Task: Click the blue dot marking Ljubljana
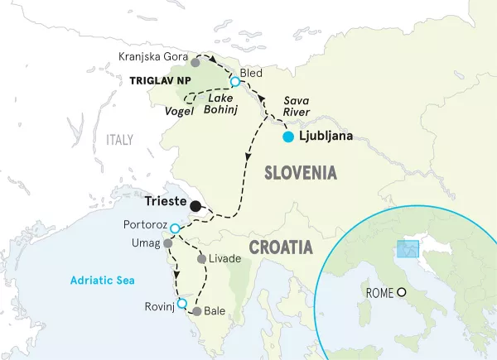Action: click(x=287, y=137)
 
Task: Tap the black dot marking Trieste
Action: click(x=195, y=206)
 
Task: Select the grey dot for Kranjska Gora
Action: click(x=195, y=62)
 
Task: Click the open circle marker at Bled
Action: click(x=235, y=81)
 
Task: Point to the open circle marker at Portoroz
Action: click(x=175, y=227)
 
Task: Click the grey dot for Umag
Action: click(x=168, y=244)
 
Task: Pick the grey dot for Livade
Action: click(x=201, y=259)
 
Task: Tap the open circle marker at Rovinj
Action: click(x=182, y=304)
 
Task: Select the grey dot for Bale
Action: click(x=196, y=312)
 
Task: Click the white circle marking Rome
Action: click(x=402, y=292)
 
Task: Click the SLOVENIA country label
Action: click(x=300, y=173)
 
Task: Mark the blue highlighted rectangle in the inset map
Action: click(x=408, y=250)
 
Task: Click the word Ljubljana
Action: click(x=325, y=137)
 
